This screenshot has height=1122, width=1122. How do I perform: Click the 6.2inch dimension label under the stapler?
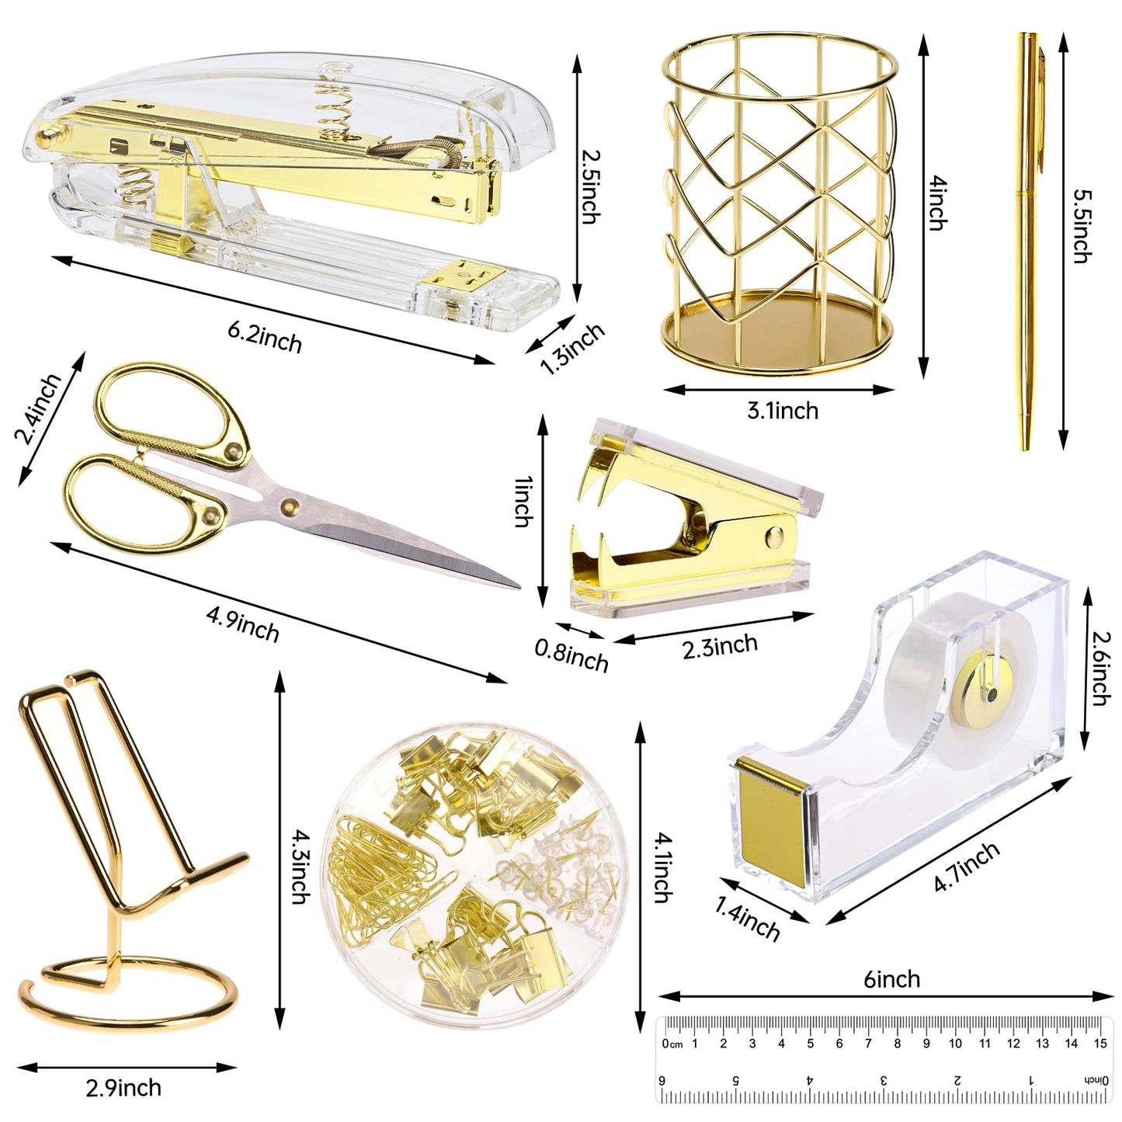click(264, 337)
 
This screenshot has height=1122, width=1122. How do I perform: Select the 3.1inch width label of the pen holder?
click(782, 410)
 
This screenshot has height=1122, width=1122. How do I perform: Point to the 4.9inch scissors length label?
click(242, 624)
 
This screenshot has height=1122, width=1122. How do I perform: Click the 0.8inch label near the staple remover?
click(571, 655)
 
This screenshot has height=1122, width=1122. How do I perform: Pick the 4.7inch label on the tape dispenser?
click(967, 867)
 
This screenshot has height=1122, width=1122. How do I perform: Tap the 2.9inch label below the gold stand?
click(123, 1088)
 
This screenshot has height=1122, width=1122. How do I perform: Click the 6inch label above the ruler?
click(891, 979)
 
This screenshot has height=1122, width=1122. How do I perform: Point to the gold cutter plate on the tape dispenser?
click(771, 823)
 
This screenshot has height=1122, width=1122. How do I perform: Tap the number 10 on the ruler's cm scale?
click(955, 1043)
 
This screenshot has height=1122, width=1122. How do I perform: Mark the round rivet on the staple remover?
click(773, 535)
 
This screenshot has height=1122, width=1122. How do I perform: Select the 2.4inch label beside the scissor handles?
click(37, 408)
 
